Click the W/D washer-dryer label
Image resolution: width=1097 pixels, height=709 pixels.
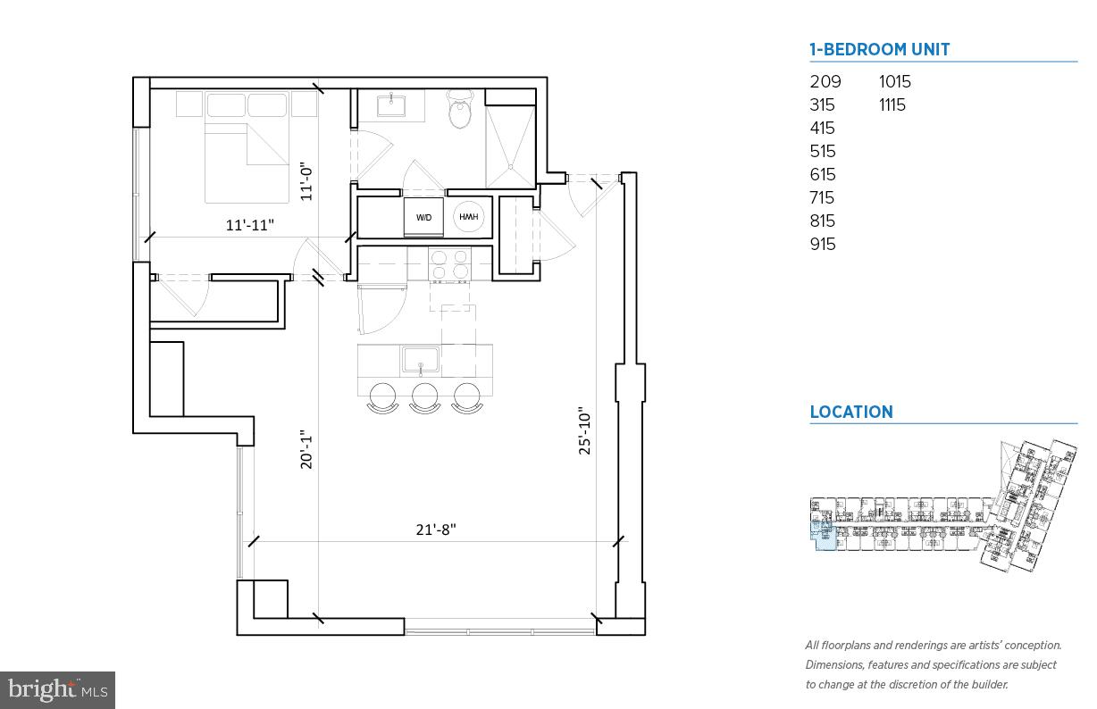[x=423, y=217]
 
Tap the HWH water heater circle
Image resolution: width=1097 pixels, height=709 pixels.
[x=469, y=216]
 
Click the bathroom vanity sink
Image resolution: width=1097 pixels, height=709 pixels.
[x=391, y=106]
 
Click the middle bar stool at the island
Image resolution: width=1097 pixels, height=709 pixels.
[x=424, y=397]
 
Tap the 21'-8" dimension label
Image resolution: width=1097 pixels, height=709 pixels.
[x=436, y=529]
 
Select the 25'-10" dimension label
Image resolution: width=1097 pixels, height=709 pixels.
[x=585, y=431]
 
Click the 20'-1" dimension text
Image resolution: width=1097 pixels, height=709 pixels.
[x=306, y=448]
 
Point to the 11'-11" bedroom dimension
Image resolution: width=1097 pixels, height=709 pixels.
[x=249, y=225]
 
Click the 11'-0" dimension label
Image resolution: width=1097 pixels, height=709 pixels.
[x=306, y=180]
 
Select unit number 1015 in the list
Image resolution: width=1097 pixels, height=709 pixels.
[x=894, y=81]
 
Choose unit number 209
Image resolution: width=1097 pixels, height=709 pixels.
[x=825, y=81]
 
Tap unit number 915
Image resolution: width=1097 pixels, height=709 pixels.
[x=822, y=244]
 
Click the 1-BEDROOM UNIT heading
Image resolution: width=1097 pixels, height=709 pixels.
[x=879, y=50]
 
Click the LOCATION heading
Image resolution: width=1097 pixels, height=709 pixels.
[x=850, y=412]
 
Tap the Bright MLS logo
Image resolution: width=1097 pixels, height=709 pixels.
[x=57, y=689]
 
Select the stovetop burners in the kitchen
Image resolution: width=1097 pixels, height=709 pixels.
[x=449, y=263]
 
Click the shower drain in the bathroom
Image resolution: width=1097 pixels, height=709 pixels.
[x=511, y=165]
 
